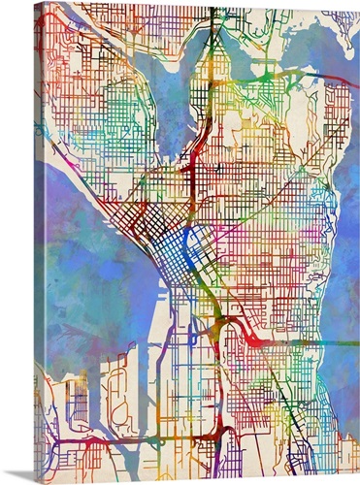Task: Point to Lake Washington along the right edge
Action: coord(340,242)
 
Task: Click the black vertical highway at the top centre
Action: coord(212,29)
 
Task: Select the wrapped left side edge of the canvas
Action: coord(37,242)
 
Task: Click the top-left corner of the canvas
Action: coord(35,3)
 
